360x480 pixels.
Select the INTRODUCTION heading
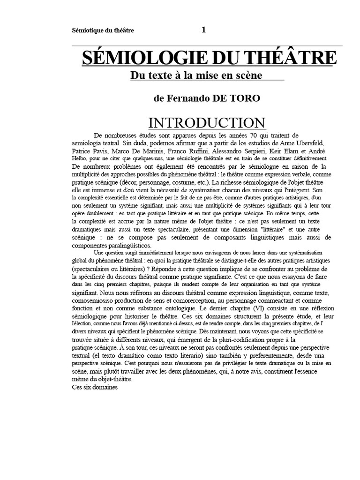pos(207,123)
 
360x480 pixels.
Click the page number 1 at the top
pos(203,30)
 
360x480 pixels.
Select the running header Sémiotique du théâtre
pos(103,30)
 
